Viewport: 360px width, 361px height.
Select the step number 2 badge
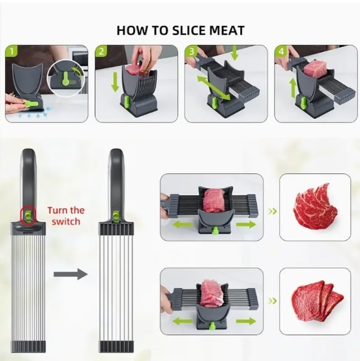coord(101,51)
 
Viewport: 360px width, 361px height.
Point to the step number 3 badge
coord(191,51)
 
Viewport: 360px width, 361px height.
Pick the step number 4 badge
coord(281,51)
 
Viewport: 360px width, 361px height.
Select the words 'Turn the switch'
coord(66,216)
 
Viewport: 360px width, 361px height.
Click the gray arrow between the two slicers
coord(71,274)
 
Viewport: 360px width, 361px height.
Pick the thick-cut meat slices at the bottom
coord(318,300)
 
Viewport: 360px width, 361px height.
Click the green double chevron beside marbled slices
coord(273,211)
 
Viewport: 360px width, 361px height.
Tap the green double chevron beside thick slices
coord(273,301)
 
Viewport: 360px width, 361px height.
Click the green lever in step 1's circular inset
coord(66,79)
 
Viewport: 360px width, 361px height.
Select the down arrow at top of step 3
coord(234,53)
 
